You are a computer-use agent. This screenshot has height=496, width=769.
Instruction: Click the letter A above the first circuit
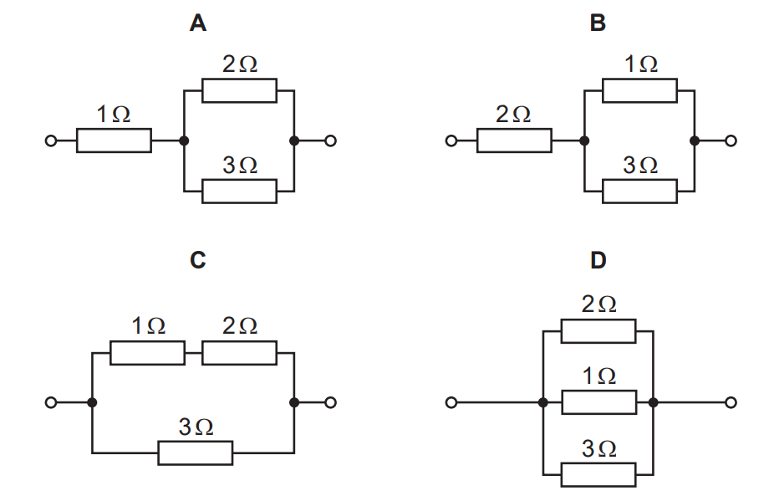coord(197,23)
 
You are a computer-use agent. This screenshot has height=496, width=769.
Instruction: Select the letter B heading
coord(597,23)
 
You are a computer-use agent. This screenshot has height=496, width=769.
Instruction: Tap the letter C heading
coord(197,260)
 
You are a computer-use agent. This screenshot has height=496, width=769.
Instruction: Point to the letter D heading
coord(598,260)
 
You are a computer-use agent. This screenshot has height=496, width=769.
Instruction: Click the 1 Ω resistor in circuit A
coord(114,141)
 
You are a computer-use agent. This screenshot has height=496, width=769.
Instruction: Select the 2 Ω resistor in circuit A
coord(239,90)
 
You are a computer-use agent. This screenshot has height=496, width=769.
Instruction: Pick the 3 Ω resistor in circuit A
coord(239,191)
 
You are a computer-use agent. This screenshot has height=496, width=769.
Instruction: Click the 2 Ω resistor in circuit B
coord(514,141)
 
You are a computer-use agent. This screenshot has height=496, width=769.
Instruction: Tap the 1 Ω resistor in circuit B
coord(639,90)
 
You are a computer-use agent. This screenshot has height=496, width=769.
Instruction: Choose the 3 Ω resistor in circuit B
coord(639,191)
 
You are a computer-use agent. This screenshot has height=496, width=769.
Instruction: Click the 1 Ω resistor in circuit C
coord(147,352)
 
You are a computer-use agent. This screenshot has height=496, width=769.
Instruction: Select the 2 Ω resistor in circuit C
coord(239,352)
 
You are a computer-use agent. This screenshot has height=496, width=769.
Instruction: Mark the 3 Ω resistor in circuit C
coord(196,453)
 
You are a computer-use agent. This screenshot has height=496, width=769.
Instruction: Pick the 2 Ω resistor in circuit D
coord(598,331)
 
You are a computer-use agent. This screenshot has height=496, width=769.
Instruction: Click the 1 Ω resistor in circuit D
coord(598,402)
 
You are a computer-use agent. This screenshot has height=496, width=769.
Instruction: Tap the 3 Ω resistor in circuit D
coord(598,474)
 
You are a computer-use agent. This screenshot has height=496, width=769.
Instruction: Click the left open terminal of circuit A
coord(51,141)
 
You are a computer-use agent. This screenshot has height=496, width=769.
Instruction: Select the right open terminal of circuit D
coord(731,403)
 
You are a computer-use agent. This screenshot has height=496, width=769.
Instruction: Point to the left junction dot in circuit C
coord(92,403)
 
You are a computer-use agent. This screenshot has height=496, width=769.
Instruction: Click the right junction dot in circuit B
coord(694,141)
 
